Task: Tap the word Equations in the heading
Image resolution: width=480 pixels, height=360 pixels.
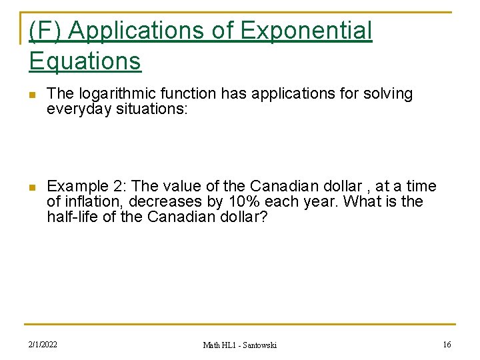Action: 85,61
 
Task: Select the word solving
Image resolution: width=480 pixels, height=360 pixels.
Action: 388,94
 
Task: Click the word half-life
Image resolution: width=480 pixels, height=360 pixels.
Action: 73,217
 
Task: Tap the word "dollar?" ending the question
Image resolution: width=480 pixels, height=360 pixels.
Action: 243,217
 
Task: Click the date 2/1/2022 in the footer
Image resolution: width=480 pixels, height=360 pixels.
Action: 43,345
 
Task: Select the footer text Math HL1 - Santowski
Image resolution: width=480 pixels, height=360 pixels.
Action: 239,345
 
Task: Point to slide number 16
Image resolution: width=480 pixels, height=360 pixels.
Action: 447,345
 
